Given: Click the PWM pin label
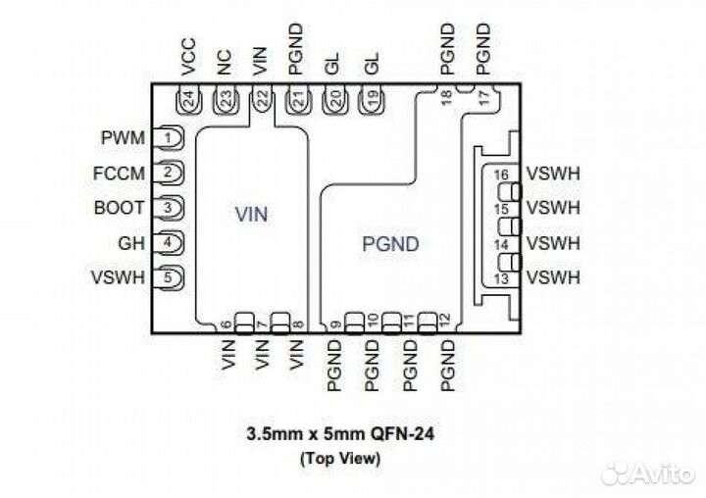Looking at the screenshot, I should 123,138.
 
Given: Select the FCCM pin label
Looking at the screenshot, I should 121,174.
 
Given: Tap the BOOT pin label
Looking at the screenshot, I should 120,208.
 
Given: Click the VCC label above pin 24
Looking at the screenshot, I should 189,58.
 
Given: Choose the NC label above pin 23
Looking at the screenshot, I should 225,64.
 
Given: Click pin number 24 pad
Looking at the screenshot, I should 189,99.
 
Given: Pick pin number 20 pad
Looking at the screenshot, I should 335,99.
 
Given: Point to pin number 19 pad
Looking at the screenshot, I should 371,99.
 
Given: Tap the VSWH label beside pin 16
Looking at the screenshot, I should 553,174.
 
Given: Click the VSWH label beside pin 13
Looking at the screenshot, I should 553,278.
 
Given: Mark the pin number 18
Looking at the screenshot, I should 446,96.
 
